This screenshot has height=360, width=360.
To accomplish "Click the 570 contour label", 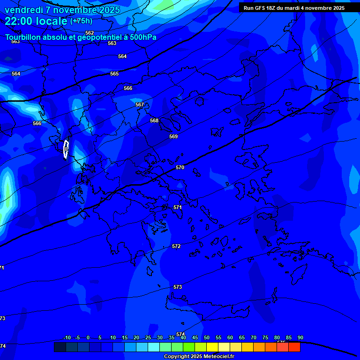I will coord(180,167).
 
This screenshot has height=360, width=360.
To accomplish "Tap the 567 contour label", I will coord(140,105).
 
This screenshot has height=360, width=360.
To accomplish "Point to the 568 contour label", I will coord(154,120).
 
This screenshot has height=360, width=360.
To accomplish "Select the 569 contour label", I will coord(173,136).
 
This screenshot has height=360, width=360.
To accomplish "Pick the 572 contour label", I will coord(176,246).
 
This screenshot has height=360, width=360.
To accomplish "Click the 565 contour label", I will coord(114,74).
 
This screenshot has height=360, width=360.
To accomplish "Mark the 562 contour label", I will coord(90,33).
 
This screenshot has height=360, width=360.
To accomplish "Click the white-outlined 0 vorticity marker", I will coord(66,149).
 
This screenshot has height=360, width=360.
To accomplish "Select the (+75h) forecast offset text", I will coord(81,21).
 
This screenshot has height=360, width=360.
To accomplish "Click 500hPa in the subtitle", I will coord(143,37).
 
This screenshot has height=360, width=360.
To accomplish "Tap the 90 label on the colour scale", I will coord(300,337).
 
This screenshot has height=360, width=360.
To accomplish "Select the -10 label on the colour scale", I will coord(67,337).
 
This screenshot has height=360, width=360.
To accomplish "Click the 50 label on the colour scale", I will coord(207,337).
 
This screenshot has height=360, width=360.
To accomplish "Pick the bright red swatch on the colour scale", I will coord(294,347).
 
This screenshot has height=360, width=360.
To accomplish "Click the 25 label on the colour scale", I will coord(148,337).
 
